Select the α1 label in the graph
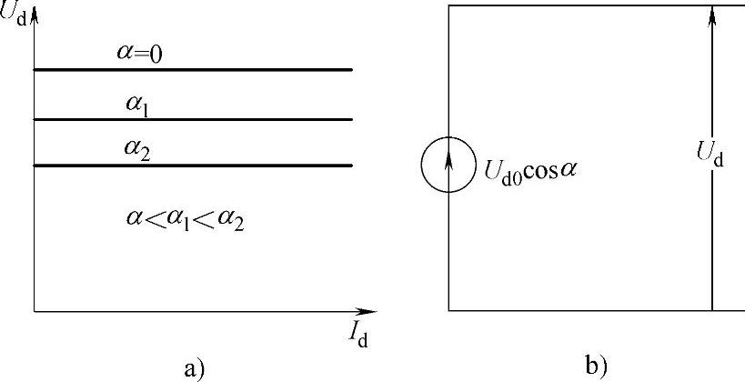[x=137, y=104]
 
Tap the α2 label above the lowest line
[x=137, y=149]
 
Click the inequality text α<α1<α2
[x=185, y=218]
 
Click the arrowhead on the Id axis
[x=367, y=311]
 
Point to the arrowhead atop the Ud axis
[x=34, y=15]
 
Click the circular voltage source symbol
[x=448, y=166]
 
